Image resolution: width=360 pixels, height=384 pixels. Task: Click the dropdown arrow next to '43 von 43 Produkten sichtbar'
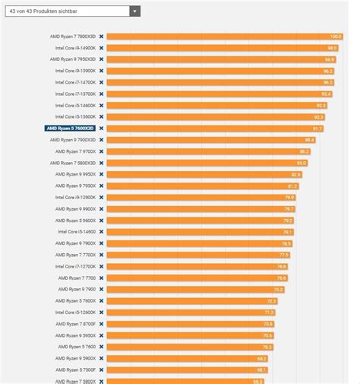tap(134, 11)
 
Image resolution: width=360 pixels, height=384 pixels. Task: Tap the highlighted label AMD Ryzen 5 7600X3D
tap(71, 129)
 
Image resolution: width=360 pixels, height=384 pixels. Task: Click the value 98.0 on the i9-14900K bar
tap(332, 47)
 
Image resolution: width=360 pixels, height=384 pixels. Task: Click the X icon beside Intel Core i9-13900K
tap(101, 71)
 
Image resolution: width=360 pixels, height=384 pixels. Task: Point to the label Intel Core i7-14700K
tap(75, 82)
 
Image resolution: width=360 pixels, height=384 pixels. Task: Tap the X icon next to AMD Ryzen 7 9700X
tap(101, 151)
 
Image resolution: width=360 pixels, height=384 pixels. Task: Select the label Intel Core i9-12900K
tap(75, 197)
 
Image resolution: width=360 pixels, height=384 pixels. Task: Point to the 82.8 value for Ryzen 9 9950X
tap(295, 174)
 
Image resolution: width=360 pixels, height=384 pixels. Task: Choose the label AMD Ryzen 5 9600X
tap(75, 221)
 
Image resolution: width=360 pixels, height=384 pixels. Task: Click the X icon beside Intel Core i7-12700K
tap(101, 266)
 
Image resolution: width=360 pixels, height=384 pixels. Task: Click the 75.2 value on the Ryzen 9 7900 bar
tap(278, 290)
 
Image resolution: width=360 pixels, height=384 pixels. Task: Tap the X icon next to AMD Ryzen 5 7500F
tap(101, 370)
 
